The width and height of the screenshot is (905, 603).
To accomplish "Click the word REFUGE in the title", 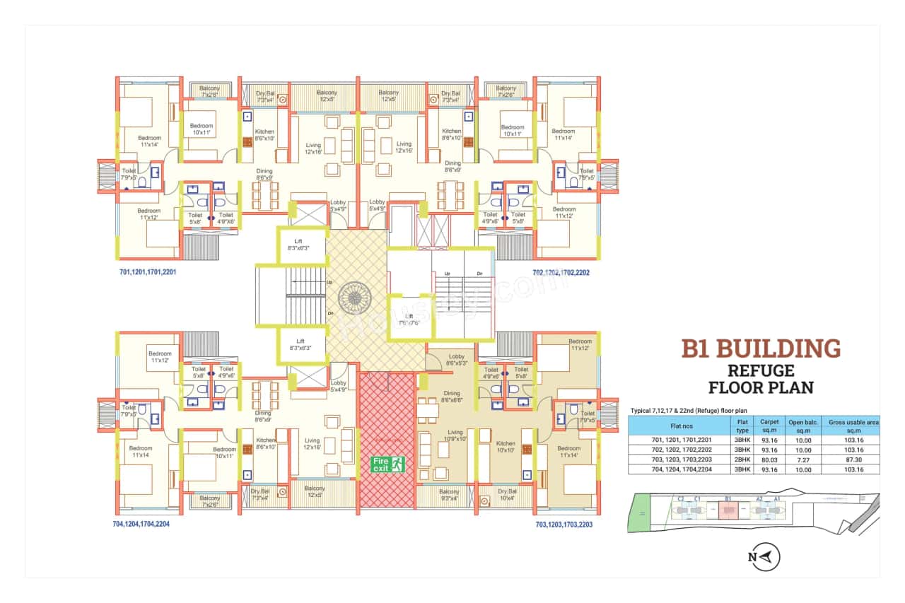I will (x=761, y=370).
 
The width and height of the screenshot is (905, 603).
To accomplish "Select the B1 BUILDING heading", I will (x=761, y=349).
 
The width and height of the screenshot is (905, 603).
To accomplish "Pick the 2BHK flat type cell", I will (x=742, y=459).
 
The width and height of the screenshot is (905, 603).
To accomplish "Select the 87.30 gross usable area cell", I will (x=853, y=459).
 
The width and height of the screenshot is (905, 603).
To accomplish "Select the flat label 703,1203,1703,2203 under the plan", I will (x=564, y=525).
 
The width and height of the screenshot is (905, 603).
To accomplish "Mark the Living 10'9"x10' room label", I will (x=455, y=435).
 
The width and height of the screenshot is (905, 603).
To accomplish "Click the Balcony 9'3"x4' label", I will (x=449, y=493).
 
